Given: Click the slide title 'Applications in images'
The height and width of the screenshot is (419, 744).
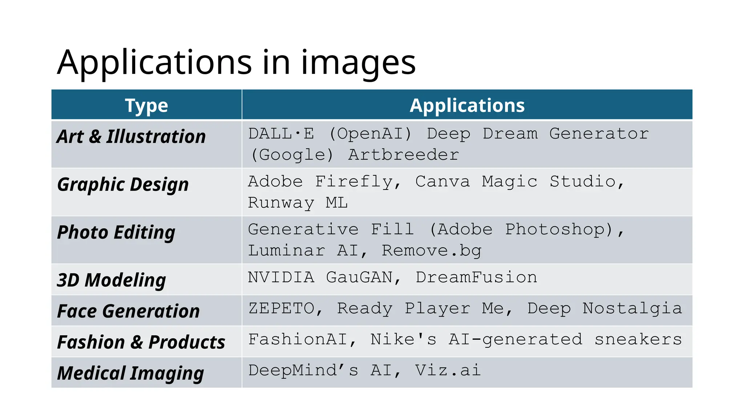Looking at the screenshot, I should [x=236, y=63].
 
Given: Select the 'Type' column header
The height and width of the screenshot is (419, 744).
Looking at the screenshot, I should [x=146, y=105].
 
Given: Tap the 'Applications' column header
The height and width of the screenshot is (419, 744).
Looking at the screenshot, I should [x=467, y=105].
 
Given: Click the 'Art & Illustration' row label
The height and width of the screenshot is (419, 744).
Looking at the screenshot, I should [x=131, y=137].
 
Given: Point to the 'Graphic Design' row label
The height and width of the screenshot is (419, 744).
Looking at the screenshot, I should [x=123, y=184].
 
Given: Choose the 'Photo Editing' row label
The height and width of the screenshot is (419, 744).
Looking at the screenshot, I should [x=116, y=232].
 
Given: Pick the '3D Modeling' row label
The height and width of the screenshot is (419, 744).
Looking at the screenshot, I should [x=111, y=280].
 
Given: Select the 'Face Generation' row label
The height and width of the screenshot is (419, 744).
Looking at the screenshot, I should [x=128, y=311].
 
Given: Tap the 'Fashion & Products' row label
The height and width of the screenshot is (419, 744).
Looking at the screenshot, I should [x=141, y=342].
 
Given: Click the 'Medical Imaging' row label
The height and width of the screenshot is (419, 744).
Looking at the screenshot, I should [x=130, y=374].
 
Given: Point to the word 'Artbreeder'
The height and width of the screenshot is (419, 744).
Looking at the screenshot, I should [x=403, y=155].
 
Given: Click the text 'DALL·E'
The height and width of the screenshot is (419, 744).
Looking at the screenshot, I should [x=281, y=134].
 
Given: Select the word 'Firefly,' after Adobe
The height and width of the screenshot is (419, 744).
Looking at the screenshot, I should [x=358, y=181].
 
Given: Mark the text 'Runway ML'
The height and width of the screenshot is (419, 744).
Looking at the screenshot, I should [x=298, y=203].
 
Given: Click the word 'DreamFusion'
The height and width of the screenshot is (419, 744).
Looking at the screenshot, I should [x=476, y=278].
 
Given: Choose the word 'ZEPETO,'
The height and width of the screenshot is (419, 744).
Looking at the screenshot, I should [x=286, y=308].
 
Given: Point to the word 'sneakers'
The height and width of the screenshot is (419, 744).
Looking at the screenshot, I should [x=638, y=339].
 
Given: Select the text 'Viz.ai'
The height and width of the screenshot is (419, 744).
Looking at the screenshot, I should [x=448, y=370].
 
